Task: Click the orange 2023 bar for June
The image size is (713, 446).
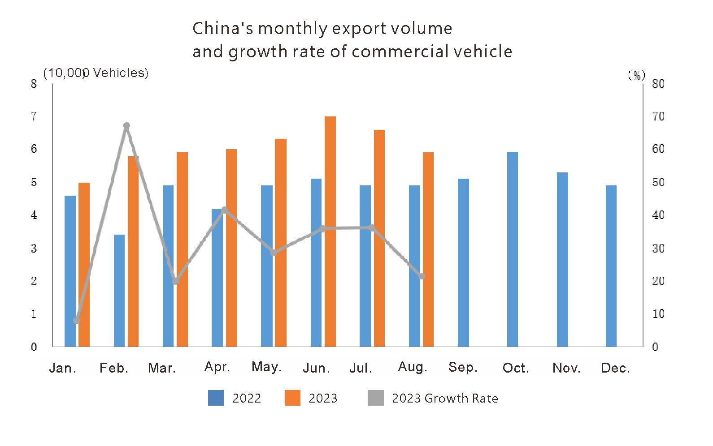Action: tap(330, 231)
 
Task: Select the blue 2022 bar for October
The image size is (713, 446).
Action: tap(513, 249)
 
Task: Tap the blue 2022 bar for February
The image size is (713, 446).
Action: tap(119, 290)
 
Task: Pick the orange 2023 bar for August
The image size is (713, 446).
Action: tap(428, 249)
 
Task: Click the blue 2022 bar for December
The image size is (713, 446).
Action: tap(611, 266)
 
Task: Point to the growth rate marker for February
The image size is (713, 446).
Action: tap(126, 126)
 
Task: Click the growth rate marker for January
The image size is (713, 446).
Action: tap(77, 320)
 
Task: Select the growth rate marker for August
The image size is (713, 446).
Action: tap(422, 276)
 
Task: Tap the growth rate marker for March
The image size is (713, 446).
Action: tap(176, 282)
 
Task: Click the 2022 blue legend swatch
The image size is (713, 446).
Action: tap(216, 398)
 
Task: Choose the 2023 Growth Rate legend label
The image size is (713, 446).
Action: tap(445, 398)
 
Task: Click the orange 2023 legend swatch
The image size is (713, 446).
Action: tap(292, 398)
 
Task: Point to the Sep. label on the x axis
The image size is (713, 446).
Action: tap(463, 367)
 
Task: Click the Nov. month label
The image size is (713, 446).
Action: tap(566, 368)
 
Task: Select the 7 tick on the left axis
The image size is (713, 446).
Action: tap(34, 116)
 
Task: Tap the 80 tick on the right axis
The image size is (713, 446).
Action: tap(658, 84)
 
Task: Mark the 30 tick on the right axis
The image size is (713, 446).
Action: tap(658, 248)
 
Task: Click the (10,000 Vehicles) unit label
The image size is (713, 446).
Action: tap(96, 73)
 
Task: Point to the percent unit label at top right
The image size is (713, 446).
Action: tap(636, 75)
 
